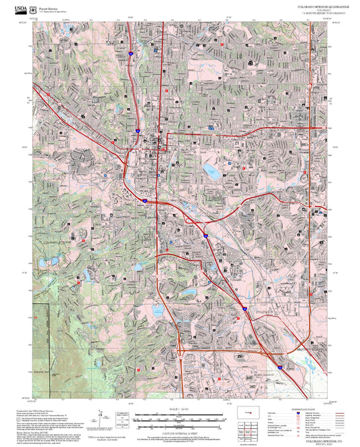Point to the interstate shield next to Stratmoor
pos(240,312)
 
